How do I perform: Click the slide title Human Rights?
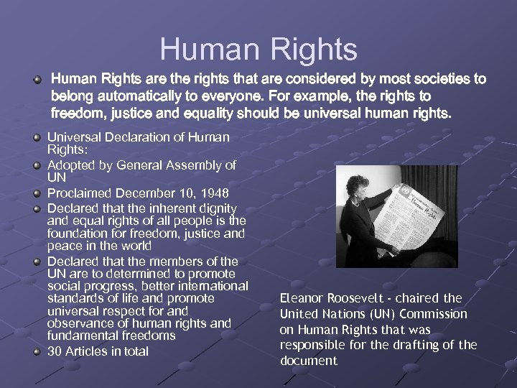[258, 49]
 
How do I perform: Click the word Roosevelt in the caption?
[356, 298]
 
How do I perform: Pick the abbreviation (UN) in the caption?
[376, 314]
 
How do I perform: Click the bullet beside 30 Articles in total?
[37, 351]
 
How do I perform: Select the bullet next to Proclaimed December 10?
[37, 193]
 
